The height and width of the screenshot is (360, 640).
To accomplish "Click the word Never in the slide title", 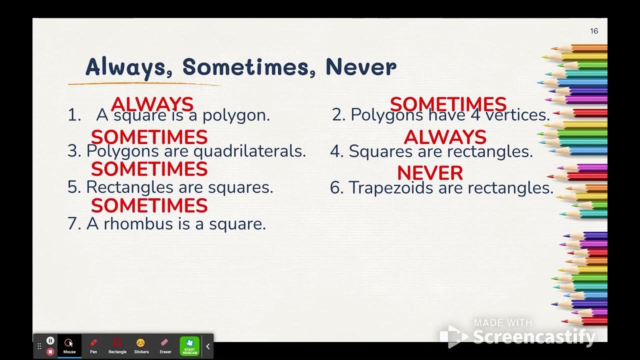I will click(x=361, y=67).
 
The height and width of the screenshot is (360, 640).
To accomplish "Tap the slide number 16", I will click(x=594, y=31).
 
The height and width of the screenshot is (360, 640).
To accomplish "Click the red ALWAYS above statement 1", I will click(x=152, y=104).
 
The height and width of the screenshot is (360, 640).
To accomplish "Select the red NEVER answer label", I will click(x=430, y=173).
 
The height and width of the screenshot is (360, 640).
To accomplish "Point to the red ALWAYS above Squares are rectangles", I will click(x=445, y=137).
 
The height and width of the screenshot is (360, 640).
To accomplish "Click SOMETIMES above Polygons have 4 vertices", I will click(x=448, y=104).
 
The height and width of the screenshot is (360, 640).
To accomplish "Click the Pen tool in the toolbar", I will click(x=93, y=345).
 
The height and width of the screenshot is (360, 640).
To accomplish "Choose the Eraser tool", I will click(x=165, y=345).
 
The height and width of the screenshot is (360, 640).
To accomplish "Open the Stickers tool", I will click(x=141, y=345).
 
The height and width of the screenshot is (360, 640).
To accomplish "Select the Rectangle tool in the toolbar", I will click(x=117, y=345).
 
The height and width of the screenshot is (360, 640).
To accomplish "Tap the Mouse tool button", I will click(x=69, y=345).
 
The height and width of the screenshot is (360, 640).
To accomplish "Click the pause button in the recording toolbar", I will click(x=50, y=340).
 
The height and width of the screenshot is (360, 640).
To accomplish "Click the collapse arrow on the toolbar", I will click(x=208, y=346).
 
